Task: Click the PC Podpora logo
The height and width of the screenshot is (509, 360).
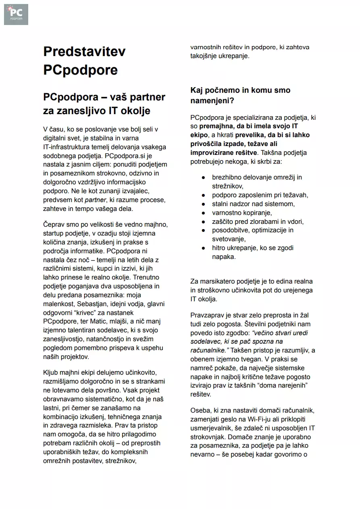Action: click(16, 15)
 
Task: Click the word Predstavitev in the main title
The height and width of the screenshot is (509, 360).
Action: click(84, 52)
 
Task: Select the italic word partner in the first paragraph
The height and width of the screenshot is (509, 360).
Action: click(95, 200)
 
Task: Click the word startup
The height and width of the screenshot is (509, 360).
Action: click(55, 233)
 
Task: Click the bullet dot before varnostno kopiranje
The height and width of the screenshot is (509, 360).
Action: click(204, 213)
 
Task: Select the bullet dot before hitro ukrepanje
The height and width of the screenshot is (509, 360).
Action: click(204, 248)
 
